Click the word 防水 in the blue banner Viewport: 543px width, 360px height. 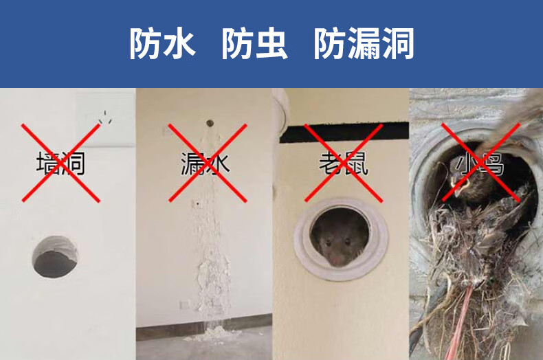tap(163, 43)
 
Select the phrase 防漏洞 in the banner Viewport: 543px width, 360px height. tap(364, 43)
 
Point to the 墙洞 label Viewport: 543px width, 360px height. tap(60, 164)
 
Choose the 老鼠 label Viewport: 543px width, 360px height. tap(344, 164)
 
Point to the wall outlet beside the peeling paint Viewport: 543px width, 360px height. tap(185, 304)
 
